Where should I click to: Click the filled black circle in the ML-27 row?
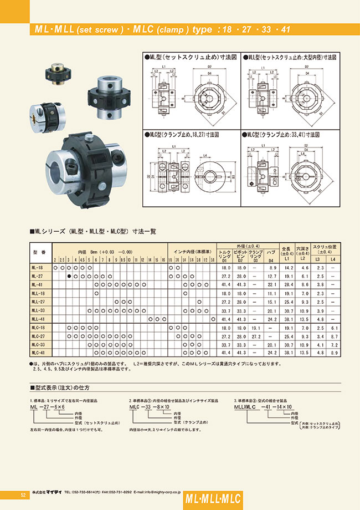[69, 276]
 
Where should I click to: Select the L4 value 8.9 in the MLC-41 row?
[332, 353]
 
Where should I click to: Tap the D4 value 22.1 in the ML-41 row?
[272, 284]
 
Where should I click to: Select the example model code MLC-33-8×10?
[147, 407]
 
